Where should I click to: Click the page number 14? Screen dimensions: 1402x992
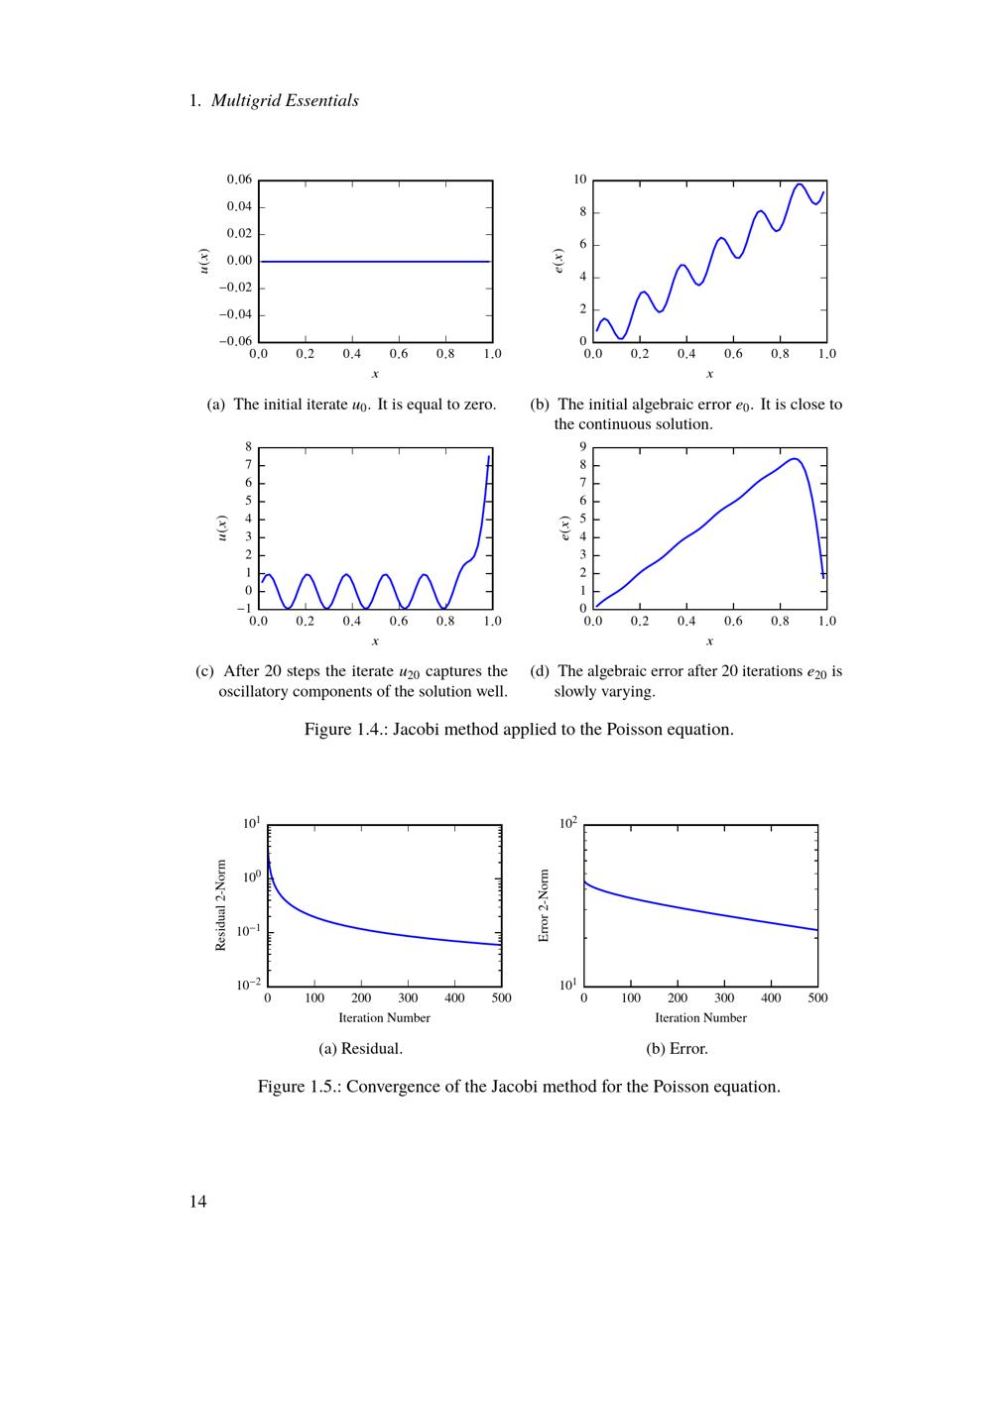(198, 1202)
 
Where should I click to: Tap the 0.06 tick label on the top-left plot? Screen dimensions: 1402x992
(239, 179)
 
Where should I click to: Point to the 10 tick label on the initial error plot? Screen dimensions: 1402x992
(580, 179)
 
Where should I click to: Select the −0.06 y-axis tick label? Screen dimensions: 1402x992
(235, 341)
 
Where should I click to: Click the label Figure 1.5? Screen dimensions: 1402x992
(297, 1087)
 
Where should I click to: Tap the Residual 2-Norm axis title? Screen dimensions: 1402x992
(221, 905)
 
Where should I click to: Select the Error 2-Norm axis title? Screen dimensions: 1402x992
(544, 906)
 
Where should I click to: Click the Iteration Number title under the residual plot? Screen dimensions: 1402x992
(384, 1018)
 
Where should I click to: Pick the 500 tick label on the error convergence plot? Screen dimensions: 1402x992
(817, 998)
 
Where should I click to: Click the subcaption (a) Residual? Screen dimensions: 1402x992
(360, 1048)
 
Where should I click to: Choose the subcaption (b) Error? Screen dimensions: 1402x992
(677, 1048)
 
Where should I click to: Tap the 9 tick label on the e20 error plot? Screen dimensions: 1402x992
(583, 447)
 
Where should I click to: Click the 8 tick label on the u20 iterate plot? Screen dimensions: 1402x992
(249, 447)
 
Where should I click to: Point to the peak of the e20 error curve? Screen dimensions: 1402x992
(795, 459)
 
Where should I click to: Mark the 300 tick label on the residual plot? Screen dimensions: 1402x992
(408, 998)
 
